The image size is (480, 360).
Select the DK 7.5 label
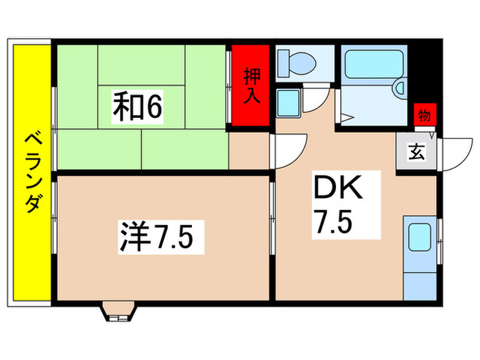337,205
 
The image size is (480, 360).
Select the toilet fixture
297,62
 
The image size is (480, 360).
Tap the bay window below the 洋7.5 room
117,313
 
